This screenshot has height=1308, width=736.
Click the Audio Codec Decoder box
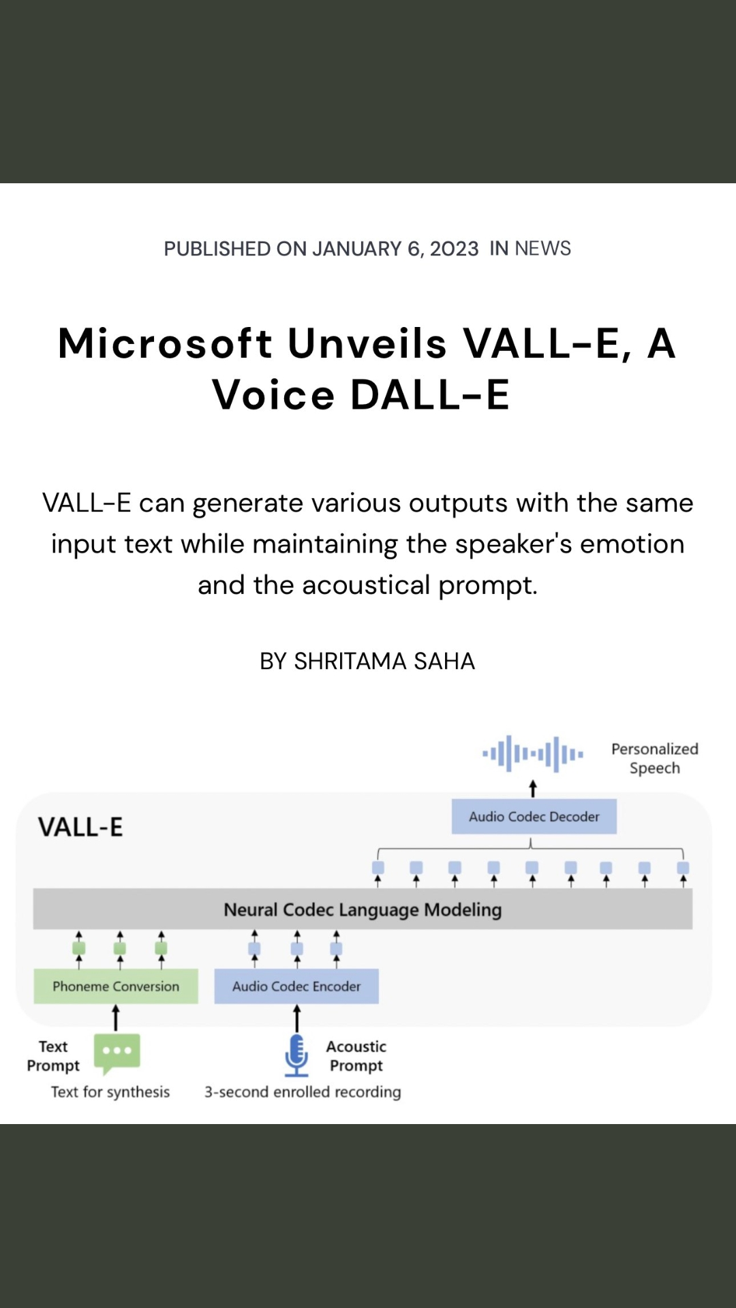pos(534,816)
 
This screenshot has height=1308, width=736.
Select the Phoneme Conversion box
pos(116,986)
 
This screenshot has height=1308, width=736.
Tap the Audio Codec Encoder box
pos(296,986)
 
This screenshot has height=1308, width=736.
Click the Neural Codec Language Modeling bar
pos(363,909)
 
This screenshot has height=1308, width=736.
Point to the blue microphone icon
pos(296,1055)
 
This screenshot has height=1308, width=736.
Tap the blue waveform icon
pos(533,754)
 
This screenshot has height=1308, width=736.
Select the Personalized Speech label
pos(655,758)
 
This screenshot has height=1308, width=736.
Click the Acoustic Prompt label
pos(356,1056)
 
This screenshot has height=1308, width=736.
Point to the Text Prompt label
pos(53,1056)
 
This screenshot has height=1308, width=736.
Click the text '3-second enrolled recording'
pos(303,1091)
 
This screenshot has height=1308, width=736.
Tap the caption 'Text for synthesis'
pos(110,1091)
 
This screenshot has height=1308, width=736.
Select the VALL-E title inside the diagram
pos(80,827)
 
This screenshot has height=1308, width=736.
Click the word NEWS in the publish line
pos(543,248)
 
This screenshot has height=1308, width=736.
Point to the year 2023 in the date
pos(454,249)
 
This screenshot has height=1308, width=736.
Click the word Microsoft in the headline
pos(166,343)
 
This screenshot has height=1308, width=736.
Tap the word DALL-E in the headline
pos(430,394)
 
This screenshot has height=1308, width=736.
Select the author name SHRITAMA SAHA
pos(384,661)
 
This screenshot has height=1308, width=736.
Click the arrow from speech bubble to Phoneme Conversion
pos(116,1018)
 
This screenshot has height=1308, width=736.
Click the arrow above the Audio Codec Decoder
pos(533,789)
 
